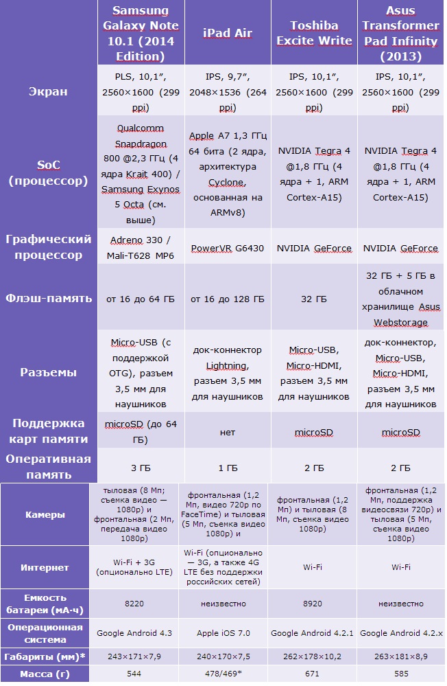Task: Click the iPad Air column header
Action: tap(228, 34)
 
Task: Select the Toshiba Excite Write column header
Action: tap(314, 34)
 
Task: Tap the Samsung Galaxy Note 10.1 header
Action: tap(141, 33)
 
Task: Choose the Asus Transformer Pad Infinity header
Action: tap(400, 33)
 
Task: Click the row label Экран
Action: tap(48, 91)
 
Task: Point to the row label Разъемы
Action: tap(48, 372)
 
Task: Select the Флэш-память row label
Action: tap(48, 299)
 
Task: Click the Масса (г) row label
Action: tap(45, 674)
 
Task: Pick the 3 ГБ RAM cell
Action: tap(141, 468)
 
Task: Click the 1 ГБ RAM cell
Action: tap(228, 468)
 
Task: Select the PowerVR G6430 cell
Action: tap(228, 249)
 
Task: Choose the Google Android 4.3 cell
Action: tap(134, 632)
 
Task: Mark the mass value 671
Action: tap(313, 674)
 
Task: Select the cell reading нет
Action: tap(228, 432)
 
